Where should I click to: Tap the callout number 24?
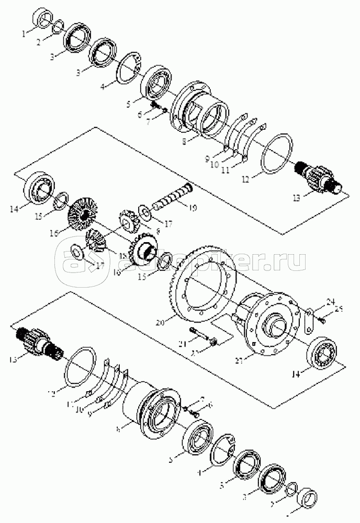coord(330,301)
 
